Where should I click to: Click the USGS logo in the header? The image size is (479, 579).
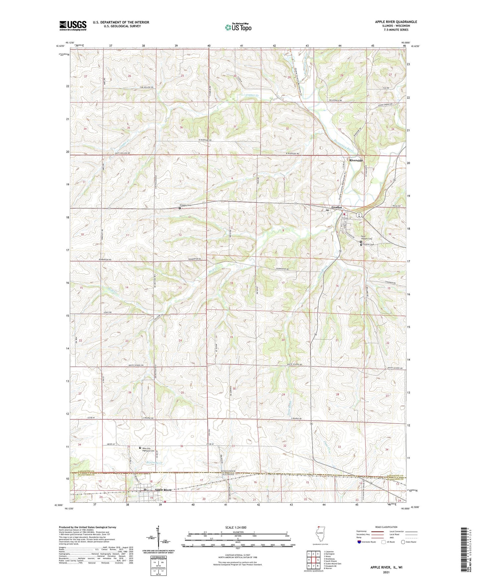pos(73,26)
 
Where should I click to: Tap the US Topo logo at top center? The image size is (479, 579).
pos(238,27)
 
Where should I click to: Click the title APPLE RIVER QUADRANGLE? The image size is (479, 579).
pos(396,22)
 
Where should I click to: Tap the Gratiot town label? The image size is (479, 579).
pos(336,207)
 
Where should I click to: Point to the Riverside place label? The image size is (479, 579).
pos(356,160)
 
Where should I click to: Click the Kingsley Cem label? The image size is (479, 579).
pos(186,205)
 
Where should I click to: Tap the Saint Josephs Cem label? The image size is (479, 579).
pos(366,238)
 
